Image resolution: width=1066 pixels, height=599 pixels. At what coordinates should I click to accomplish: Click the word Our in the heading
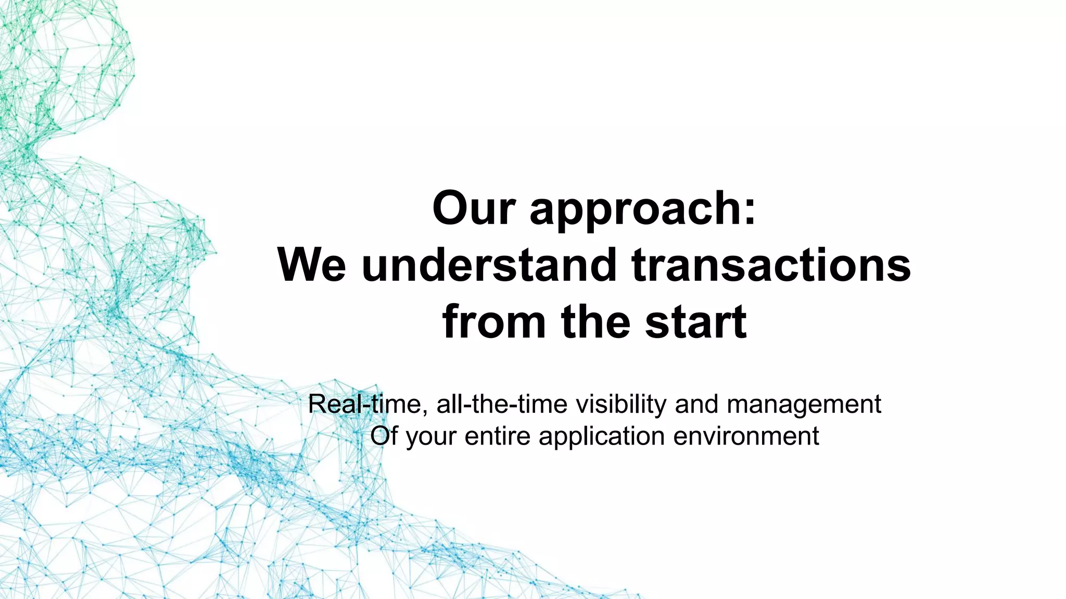pyautogui.click(x=474, y=209)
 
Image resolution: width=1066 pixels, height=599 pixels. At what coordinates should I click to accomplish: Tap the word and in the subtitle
pyautogui.click(x=696, y=404)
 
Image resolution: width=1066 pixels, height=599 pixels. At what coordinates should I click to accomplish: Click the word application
pyautogui.click(x=601, y=437)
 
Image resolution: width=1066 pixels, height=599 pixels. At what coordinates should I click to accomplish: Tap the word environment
pyautogui.click(x=746, y=436)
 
